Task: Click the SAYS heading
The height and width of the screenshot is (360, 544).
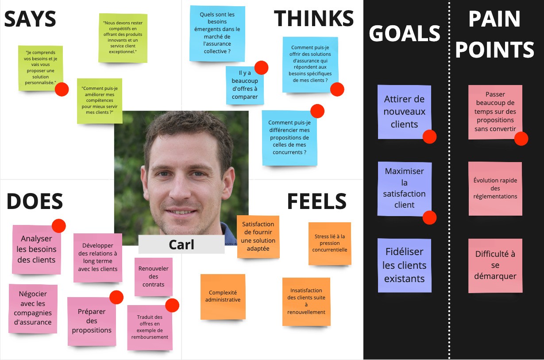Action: tap(30, 19)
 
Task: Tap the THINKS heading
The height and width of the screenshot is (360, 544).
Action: tap(314, 19)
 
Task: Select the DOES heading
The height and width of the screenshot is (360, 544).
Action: tap(35, 201)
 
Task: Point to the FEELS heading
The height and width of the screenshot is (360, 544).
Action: tap(316, 201)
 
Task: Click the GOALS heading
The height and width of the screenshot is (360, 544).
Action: tap(405, 34)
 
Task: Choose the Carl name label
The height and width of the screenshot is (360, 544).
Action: tap(181, 244)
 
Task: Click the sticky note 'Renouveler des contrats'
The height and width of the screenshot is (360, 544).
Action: tap(154, 277)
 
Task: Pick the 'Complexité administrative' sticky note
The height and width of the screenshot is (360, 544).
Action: tap(223, 296)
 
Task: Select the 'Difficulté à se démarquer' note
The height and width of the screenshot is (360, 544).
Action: tap(495, 265)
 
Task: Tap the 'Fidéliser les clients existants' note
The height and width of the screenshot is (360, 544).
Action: tap(404, 265)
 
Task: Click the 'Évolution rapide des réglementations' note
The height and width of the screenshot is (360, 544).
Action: tap(495, 189)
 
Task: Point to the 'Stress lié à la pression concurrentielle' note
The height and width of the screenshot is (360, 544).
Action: tap(329, 243)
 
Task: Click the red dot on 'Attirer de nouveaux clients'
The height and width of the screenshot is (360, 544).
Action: tap(429, 137)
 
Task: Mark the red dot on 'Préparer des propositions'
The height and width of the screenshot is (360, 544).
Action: tap(116, 297)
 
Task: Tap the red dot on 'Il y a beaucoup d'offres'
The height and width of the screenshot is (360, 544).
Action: tap(261, 68)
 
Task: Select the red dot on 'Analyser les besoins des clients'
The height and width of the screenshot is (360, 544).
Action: tap(58, 226)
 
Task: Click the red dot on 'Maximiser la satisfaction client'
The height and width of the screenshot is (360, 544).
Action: tap(429, 217)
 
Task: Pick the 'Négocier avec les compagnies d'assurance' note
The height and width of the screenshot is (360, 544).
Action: tap(33, 308)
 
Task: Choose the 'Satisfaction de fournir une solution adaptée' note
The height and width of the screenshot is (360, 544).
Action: tap(258, 236)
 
